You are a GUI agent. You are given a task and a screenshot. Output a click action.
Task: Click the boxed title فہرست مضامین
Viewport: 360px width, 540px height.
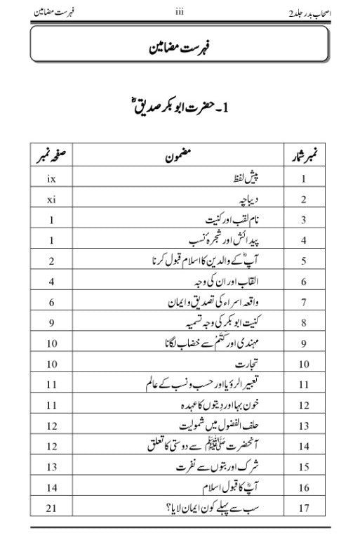tap(180, 51)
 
